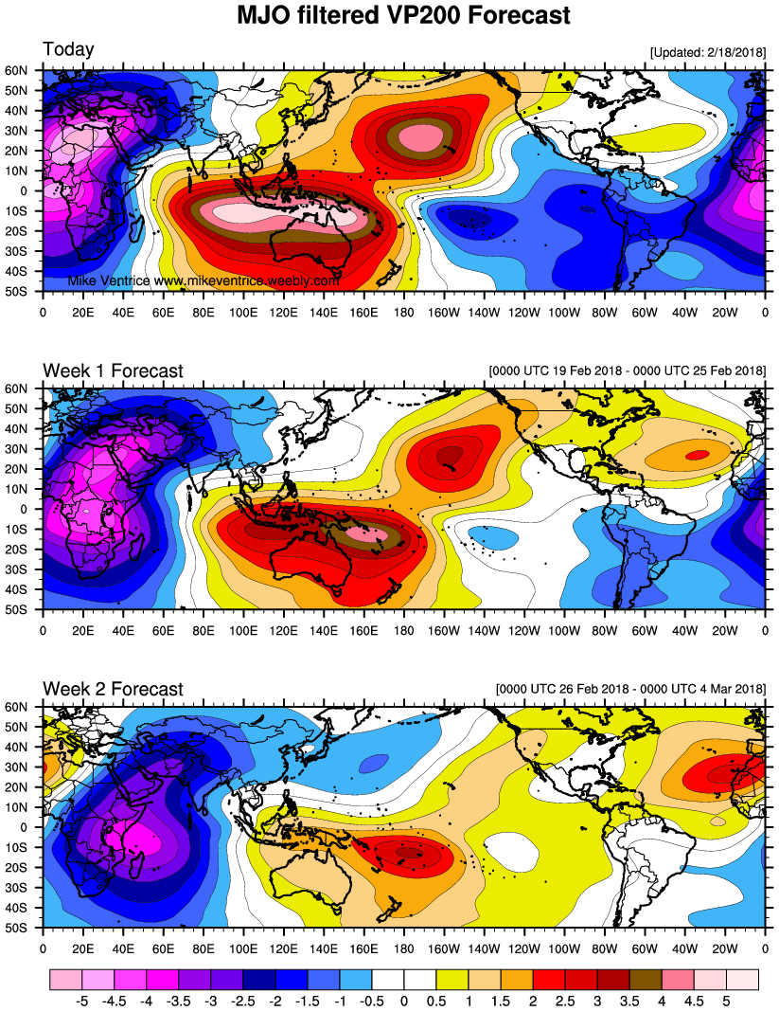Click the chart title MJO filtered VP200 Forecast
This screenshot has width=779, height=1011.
pyautogui.click(x=403, y=15)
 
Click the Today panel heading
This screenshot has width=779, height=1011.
pyautogui.click(x=68, y=49)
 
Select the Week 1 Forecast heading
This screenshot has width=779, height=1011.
pyautogui.click(x=113, y=370)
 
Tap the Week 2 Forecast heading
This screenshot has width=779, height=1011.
pyautogui.click(x=113, y=689)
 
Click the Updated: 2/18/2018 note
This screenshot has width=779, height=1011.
pyautogui.click(x=707, y=51)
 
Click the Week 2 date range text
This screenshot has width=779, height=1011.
pyautogui.click(x=630, y=689)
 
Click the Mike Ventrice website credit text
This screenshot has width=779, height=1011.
pyautogui.click(x=204, y=281)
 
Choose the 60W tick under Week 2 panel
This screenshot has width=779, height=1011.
pyautogui.click(x=644, y=946)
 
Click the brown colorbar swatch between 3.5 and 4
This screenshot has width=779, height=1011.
pyautogui.click(x=646, y=976)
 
